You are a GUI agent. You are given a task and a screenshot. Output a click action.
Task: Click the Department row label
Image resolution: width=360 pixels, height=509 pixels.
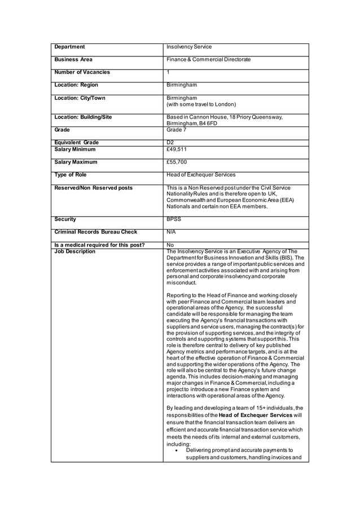coord(69,47)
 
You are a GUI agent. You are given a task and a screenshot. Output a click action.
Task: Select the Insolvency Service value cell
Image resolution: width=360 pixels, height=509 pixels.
coord(189,47)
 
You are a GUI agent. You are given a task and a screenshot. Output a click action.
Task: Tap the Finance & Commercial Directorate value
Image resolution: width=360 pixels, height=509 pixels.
coord(208,59)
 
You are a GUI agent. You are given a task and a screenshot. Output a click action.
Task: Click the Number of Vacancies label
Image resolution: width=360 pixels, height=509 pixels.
coord(82,72)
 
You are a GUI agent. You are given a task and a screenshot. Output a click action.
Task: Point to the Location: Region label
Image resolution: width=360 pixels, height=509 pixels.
coord(76,85)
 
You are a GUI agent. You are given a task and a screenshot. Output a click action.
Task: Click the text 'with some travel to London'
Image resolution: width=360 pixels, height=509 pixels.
coord(201,104)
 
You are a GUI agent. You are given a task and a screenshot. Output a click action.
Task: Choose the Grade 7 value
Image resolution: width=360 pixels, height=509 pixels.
coord(176,130)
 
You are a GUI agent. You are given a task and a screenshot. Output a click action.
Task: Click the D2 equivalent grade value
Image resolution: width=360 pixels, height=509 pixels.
coord(170,143)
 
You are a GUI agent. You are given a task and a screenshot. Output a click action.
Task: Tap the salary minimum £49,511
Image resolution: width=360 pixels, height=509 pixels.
coord(177,150)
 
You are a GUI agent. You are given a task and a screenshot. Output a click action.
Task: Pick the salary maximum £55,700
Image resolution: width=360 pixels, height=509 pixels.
coord(177,162)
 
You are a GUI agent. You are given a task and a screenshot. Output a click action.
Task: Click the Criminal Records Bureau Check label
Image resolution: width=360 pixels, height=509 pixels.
coord(95,232)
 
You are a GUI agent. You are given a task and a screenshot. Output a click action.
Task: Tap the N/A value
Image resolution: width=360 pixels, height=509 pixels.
coord(171,232)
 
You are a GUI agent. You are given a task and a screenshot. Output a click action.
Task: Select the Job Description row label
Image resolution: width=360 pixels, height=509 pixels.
coord(75,252)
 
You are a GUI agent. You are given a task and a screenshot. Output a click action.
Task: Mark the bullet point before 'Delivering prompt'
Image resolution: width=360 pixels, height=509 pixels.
coord(177,450)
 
